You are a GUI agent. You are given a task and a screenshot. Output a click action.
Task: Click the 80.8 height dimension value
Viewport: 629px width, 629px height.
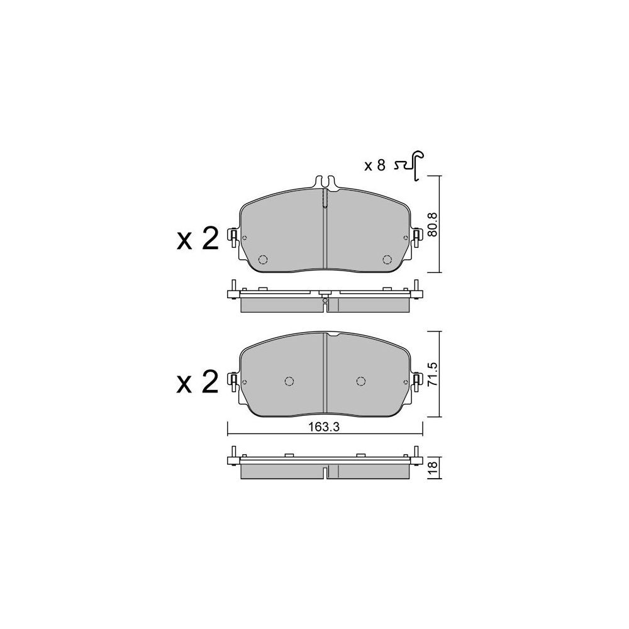[x=433, y=224]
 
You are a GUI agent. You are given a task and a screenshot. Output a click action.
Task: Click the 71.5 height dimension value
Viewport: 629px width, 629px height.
[x=433, y=374]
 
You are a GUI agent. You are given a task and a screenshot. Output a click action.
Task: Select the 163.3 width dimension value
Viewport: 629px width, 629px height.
[x=324, y=427]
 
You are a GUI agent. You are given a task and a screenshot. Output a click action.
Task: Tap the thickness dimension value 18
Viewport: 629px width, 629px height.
[x=433, y=468]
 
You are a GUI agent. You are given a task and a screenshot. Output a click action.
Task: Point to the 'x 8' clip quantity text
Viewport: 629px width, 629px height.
[x=375, y=165]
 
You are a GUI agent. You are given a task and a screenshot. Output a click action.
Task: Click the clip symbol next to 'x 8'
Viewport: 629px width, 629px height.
[x=410, y=165]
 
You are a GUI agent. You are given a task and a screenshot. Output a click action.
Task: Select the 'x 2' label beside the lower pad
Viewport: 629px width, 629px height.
[x=198, y=382]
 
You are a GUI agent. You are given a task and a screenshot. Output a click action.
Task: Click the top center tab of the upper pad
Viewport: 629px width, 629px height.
[x=325, y=182]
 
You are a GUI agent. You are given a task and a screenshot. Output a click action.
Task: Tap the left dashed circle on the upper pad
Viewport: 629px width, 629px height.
[x=263, y=260]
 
